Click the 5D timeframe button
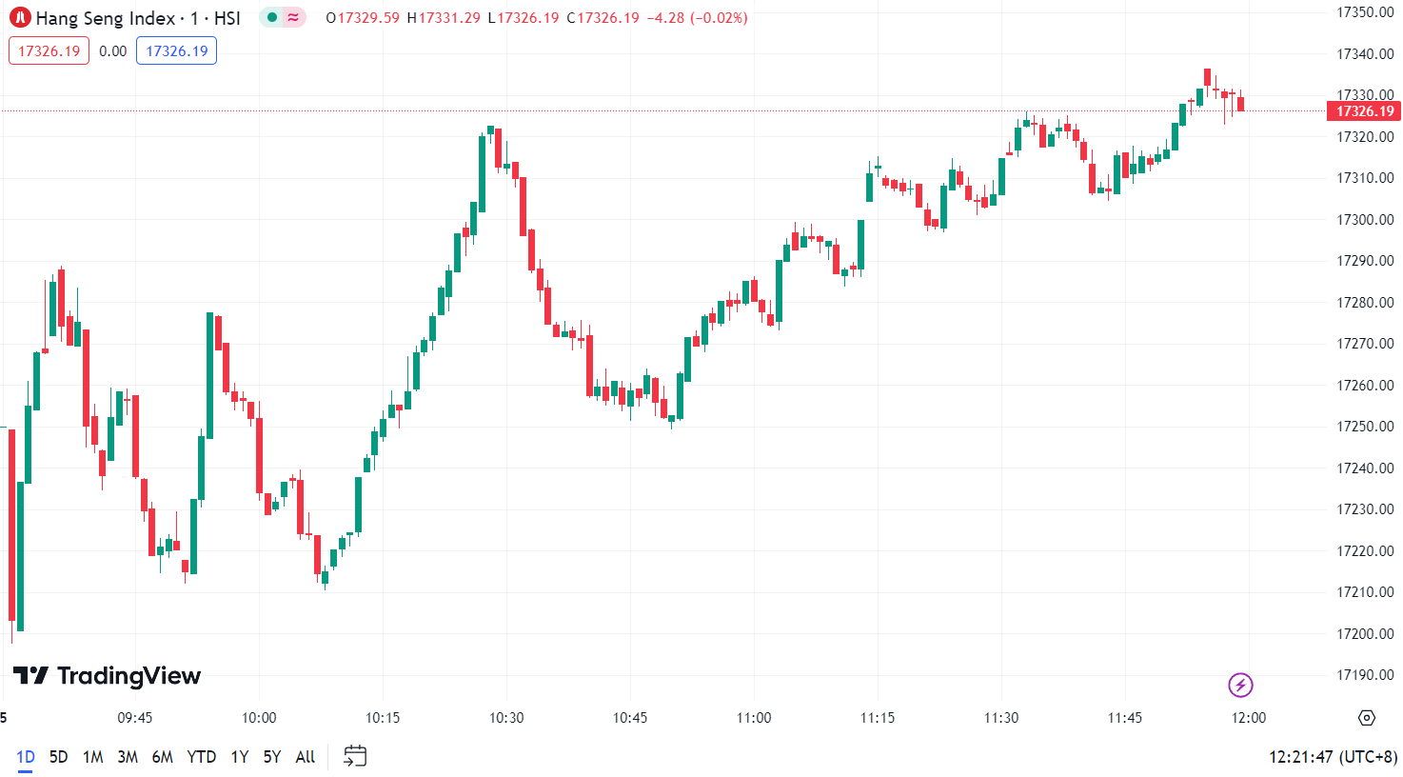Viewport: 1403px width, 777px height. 58,757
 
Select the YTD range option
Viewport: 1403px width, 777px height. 201,757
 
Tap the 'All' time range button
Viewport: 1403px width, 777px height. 305,757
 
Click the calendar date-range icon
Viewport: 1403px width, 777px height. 355,757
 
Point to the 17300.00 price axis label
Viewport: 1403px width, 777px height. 1365,220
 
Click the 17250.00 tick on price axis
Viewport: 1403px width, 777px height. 1365,427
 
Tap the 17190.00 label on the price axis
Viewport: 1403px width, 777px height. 1365,675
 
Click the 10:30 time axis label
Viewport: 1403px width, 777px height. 506,718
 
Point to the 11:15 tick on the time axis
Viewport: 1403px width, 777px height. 878,718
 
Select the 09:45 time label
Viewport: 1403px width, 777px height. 135,718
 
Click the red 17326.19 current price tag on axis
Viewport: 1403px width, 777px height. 1364,111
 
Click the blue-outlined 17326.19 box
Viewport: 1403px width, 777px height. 176,51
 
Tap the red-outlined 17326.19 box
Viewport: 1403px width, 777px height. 49,51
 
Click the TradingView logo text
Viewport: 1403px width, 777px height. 107,676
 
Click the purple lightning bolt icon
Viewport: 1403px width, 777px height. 1240,685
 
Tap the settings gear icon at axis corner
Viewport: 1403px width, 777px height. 1367,718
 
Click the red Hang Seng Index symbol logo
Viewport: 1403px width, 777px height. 20,18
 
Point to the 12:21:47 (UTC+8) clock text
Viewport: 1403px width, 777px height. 1333,757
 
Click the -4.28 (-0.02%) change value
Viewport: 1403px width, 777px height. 697,18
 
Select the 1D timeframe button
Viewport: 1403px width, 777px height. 26,757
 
